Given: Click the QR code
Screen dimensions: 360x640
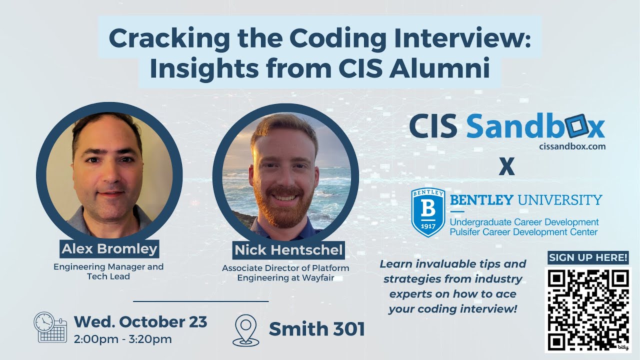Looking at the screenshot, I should tap(588, 309).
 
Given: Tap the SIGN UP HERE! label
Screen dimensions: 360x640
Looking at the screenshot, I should tap(588, 257).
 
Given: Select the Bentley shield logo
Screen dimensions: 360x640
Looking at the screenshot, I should tap(427, 212).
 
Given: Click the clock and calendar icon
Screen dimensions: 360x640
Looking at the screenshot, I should tap(50, 327).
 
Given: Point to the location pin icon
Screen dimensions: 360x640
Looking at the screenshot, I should tap(246, 330).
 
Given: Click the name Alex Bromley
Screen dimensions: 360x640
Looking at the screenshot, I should tap(109, 248).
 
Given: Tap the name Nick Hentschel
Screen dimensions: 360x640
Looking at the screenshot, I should tap(289, 250).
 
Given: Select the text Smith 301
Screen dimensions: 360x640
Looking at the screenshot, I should tap(317, 329).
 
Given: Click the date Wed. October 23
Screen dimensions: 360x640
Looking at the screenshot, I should tap(140, 321).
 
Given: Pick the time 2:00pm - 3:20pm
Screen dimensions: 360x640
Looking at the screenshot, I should tap(123, 339).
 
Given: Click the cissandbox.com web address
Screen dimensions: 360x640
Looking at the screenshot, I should tap(572, 146).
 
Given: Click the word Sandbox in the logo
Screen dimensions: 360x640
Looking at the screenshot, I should tap(535, 127).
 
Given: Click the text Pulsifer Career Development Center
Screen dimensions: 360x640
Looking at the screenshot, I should tap(524, 231).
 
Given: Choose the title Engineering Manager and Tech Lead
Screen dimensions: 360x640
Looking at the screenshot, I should tap(108, 271).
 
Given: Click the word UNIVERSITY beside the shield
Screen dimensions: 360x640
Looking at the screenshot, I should tap(560, 200).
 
